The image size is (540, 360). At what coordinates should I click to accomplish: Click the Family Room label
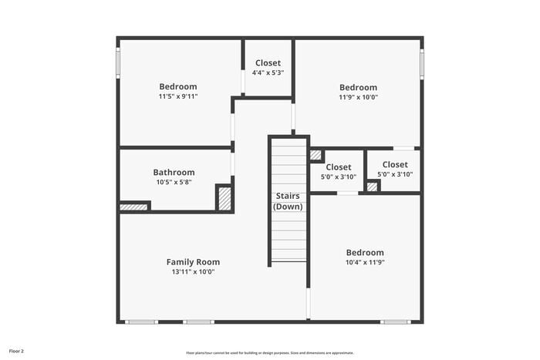coord(193,262)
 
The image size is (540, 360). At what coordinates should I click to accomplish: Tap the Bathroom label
coord(174,172)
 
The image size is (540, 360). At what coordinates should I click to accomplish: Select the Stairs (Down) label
coord(289,201)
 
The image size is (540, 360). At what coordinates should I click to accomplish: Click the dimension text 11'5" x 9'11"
coord(178,96)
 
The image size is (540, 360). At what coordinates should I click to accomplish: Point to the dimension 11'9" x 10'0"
coord(358,97)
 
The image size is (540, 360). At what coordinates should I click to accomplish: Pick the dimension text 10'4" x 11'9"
coord(364,262)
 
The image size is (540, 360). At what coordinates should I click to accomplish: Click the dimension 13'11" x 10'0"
coord(193,271)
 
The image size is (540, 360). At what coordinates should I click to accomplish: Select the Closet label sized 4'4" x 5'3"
coord(268,62)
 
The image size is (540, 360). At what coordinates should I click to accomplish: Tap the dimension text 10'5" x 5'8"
coord(174,182)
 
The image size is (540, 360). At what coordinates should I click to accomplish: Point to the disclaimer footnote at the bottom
coord(269,352)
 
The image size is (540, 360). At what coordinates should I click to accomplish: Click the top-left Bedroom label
coord(178,86)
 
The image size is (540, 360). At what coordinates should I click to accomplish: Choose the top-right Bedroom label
coord(358,87)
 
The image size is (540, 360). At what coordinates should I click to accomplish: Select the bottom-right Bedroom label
coord(364,252)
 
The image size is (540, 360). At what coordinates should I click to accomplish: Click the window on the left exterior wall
coord(118,62)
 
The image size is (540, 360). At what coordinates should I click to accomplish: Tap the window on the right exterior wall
coord(422,63)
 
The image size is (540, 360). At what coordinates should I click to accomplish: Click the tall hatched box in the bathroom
coord(224,198)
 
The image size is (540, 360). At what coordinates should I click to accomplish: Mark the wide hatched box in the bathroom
coord(133,207)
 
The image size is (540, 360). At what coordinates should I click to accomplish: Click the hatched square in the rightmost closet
coord(373,186)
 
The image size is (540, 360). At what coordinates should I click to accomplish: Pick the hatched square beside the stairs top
coord(316,154)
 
